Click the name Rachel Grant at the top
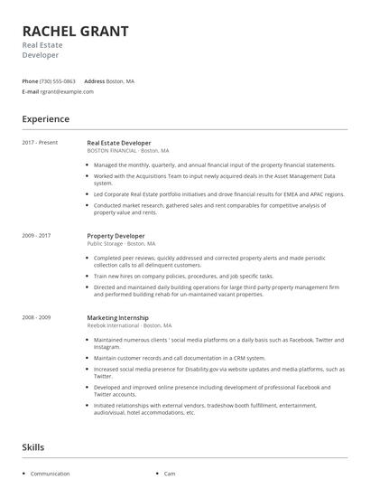click(x=75, y=31)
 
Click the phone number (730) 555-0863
click(x=59, y=81)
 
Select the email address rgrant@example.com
click(x=67, y=91)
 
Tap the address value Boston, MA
click(x=120, y=81)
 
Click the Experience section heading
click(x=45, y=119)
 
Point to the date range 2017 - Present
click(x=40, y=143)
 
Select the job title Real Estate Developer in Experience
click(x=119, y=143)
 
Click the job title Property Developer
click(x=116, y=236)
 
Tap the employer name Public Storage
click(x=105, y=243)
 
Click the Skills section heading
click(x=33, y=447)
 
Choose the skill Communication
click(x=50, y=474)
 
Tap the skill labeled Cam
click(x=170, y=474)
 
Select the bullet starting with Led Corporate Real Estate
click(x=218, y=194)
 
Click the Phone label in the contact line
click(x=30, y=81)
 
